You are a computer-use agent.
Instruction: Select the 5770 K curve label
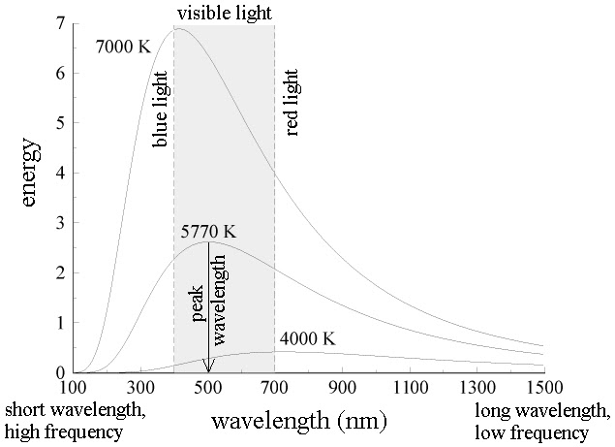click(207, 233)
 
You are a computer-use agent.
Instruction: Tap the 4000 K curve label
click(307, 339)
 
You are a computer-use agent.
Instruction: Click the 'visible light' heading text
click(224, 13)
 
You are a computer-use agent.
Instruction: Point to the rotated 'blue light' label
click(161, 108)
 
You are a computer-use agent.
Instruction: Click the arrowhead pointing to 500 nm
click(208, 366)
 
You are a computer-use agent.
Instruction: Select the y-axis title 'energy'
click(32, 175)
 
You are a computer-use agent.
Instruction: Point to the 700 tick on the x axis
click(274, 387)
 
